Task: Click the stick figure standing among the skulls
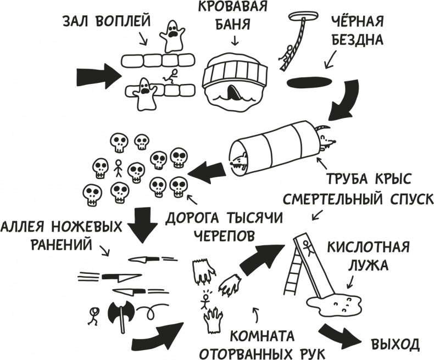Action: click(118, 168)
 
